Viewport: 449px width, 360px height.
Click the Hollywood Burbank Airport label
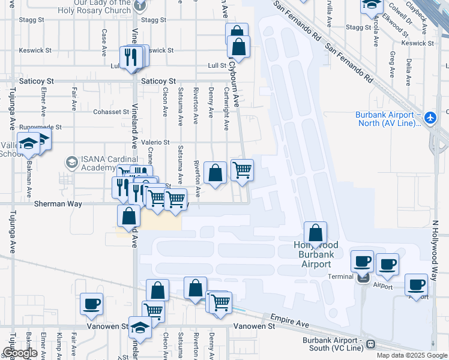point(316,254)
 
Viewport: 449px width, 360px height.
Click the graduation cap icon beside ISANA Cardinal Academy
point(71,163)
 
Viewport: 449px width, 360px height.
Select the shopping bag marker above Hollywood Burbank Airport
point(315,232)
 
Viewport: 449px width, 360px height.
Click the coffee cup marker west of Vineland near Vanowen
point(91,304)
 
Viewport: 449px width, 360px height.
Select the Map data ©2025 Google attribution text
point(412,355)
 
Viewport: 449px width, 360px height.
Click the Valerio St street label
point(155,142)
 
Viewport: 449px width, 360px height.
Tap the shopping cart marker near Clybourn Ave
point(242,169)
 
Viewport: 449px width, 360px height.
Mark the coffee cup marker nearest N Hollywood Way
point(416,284)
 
